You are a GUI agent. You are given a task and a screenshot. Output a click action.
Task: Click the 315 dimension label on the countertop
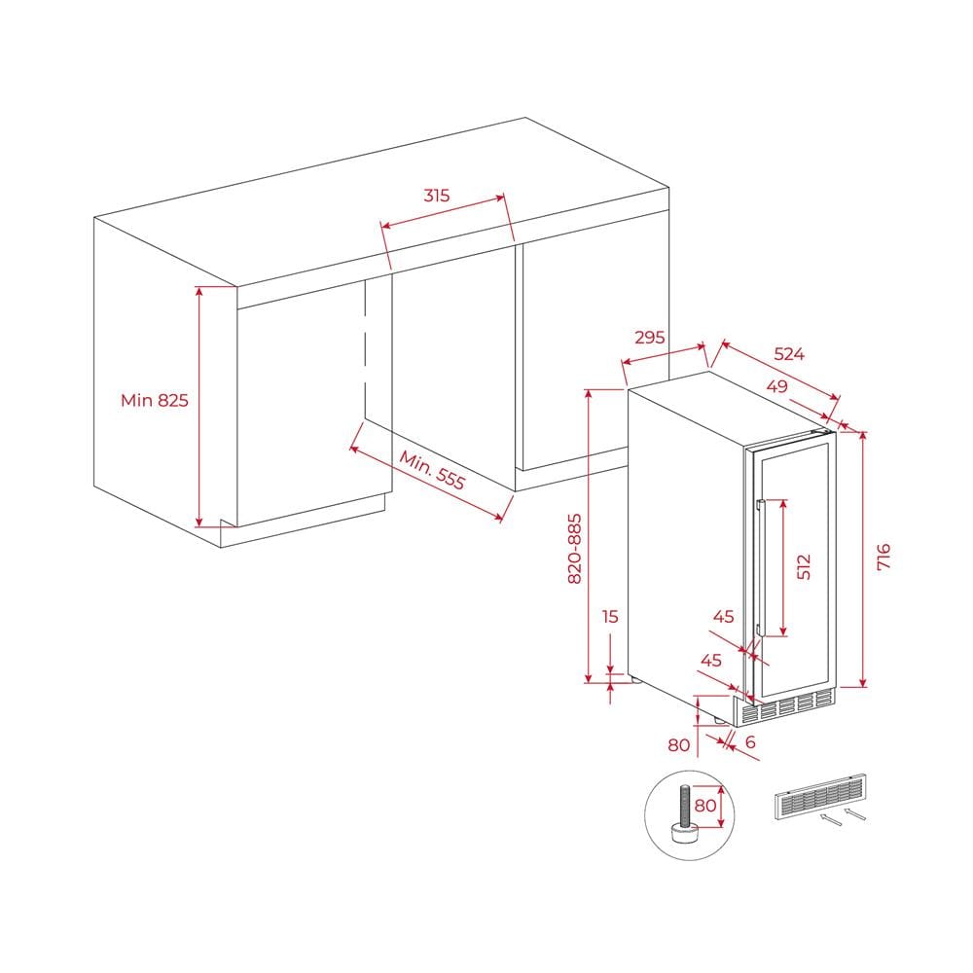[x=436, y=196]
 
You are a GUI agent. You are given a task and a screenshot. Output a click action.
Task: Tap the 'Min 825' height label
[x=155, y=400]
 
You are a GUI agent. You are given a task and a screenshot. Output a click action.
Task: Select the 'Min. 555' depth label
[x=431, y=470]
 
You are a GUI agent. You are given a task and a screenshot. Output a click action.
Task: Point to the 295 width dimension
[x=650, y=337]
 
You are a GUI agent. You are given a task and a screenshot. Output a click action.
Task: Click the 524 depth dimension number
[x=789, y=354]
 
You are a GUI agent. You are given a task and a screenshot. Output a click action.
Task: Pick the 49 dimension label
[x=776, y=386]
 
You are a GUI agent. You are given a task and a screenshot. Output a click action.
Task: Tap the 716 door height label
[x=883, y=557]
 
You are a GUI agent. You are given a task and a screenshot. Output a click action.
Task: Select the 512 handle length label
[x=804, y=566]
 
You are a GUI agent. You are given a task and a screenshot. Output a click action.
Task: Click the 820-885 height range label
[x=575, y=549]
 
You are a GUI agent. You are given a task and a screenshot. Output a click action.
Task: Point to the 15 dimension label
[x=611, y=616]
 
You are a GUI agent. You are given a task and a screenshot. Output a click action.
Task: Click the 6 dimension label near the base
[x=750, y=741]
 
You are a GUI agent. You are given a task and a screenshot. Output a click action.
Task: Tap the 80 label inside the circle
[x=705, y=806]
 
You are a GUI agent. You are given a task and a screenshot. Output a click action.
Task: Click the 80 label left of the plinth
[x=679, y=744]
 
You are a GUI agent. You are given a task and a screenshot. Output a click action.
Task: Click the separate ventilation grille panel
[x=819, y=798]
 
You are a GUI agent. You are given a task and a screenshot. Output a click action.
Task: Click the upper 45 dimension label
[x=724, y=616]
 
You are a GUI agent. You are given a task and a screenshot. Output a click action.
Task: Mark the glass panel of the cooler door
[x=794, y=569]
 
